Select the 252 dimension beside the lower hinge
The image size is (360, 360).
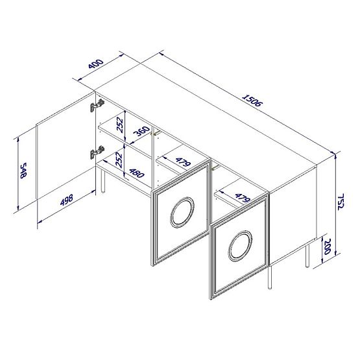(121, 160)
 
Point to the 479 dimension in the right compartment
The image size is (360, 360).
(241, 197)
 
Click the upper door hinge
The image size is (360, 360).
(97, 104)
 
